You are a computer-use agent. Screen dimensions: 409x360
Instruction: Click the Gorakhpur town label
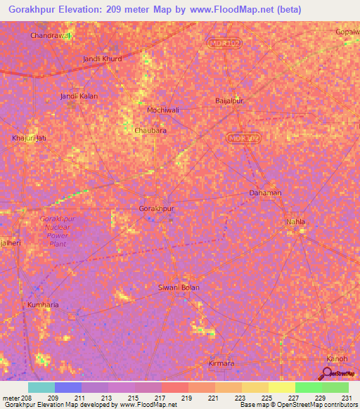click(156, 209)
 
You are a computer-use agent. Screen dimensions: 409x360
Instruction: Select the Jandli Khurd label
click(102, 59)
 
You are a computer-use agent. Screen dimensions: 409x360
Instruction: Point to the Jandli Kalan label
click(78, 96)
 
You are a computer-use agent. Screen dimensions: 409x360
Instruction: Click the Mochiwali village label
click(163, 110)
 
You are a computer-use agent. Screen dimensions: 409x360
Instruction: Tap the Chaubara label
click(150, 131)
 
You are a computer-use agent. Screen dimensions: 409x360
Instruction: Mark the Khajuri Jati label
click(29, 138)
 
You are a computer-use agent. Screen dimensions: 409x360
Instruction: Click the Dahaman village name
click(266, 193)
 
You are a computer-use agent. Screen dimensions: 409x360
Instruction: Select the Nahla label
click(295, 222)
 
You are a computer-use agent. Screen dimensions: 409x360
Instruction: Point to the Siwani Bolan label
click(179, 287)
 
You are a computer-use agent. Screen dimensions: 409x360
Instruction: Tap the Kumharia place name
click(43, 305)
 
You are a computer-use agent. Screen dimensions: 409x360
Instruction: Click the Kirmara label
click(221, 363)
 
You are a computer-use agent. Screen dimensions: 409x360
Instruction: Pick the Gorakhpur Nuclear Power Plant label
click(58, 231)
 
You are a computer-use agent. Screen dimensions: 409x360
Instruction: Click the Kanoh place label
click(337, 359)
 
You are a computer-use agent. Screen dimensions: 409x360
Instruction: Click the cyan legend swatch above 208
click(41, 387)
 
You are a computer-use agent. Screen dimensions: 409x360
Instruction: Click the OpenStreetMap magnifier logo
click(328, 375)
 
